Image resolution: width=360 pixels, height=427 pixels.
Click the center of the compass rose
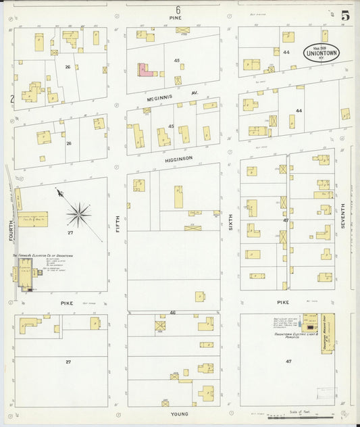click(x=79, y=216)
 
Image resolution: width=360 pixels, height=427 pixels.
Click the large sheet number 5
click(x=345, y=14)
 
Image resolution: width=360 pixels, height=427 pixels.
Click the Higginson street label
click(x=178, y=158)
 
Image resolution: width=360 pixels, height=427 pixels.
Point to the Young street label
click(x=179, y=413)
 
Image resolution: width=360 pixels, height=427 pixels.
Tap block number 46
click(x=173, y=313)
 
